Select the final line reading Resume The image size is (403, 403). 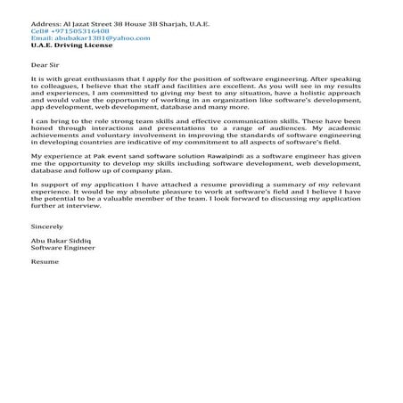(44, 274)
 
